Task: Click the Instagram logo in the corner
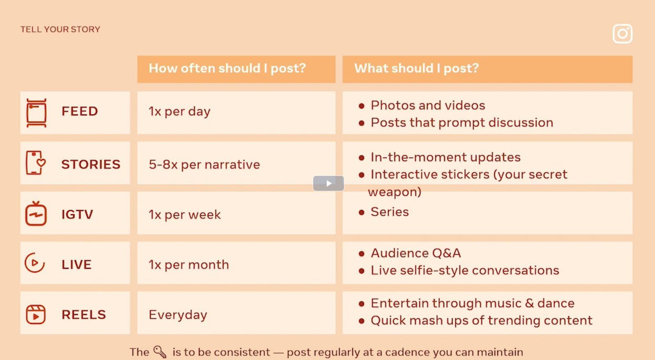[623, 34]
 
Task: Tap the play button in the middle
[328, 183]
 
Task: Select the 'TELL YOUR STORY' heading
[60, 29]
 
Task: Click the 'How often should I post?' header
[227, 68]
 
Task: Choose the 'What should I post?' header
[416, 68]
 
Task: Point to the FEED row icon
[36, 113]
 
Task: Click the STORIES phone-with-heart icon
[36, 163]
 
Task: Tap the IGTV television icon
[36, 214]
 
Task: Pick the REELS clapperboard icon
[36, 315]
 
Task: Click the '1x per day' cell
[179, 111]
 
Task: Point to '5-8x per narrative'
[204, 164]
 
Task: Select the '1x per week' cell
[185, 214]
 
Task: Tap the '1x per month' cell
[189, 265]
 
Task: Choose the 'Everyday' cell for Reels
[178, 315]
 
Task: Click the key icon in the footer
[160, 351]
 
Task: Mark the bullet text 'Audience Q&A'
[416, 253]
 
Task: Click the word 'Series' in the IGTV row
[389, 212]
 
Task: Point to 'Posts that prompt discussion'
[462, 123]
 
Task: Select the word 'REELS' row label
[84, 315]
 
